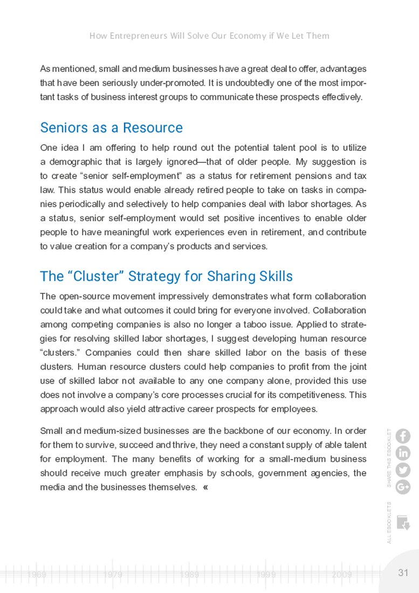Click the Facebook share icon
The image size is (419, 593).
[x=403, y=435]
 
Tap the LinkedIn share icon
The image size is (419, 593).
[x=403, y=453]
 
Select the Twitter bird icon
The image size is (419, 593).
[x=403, y=470]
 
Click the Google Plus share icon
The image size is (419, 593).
[x=403, y=487]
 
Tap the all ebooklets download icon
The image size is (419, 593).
[x=403, y=522]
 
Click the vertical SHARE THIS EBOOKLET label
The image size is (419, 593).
[x=389, y=458]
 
